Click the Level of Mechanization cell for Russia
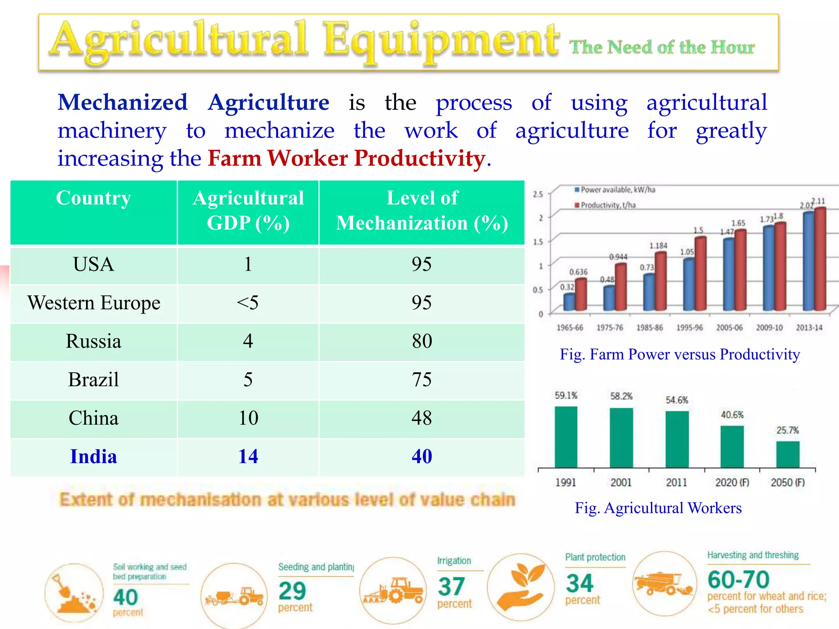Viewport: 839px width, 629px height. click(x=422, y=341)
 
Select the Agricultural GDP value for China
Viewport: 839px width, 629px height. click(x=248, y=418)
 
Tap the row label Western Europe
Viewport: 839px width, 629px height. click(x=94, y=303)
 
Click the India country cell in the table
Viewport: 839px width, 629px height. click(x=94, y=457)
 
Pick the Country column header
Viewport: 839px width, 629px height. click(x=94, y=198)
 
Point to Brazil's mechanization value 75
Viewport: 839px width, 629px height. click(x=422, y=380)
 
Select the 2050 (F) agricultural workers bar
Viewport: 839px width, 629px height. click(x=787, y=454)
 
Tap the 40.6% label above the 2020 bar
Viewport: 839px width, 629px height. click(x=732, y=415)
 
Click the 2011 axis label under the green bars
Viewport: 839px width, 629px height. click(x=676, y=482)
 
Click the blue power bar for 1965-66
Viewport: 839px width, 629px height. click(x=569, y=302)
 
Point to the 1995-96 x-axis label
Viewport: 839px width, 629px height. click(x=689, y=328)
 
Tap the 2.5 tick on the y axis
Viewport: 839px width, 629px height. click(x=537, y=194)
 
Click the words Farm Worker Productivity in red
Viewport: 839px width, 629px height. click(x=347, y=158)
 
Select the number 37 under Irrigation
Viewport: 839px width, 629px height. click(x=451, y=587)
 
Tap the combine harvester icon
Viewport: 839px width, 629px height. click(x=664, y=584)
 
